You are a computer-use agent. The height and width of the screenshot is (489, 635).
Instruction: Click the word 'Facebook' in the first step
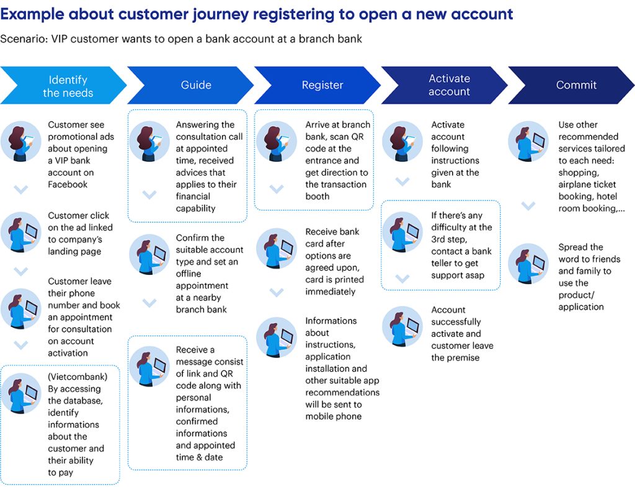tap(68, 184)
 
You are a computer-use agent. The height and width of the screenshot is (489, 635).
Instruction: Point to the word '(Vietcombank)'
tap(78, 377)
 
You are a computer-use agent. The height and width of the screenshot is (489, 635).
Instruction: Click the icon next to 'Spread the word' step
tap(528, 264)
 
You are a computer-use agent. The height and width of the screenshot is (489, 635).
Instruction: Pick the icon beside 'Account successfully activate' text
tap(402, 326)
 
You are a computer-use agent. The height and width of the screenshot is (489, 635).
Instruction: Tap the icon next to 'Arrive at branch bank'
tap(277, 141)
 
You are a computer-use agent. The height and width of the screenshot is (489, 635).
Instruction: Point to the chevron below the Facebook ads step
tap(21, 190)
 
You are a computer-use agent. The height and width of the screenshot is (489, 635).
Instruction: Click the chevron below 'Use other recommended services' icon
tap(528, 205)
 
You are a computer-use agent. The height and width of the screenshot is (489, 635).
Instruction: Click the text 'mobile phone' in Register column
tap(334, 416)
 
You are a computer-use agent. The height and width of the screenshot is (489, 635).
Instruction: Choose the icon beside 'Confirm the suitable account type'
tap(149, 254)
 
